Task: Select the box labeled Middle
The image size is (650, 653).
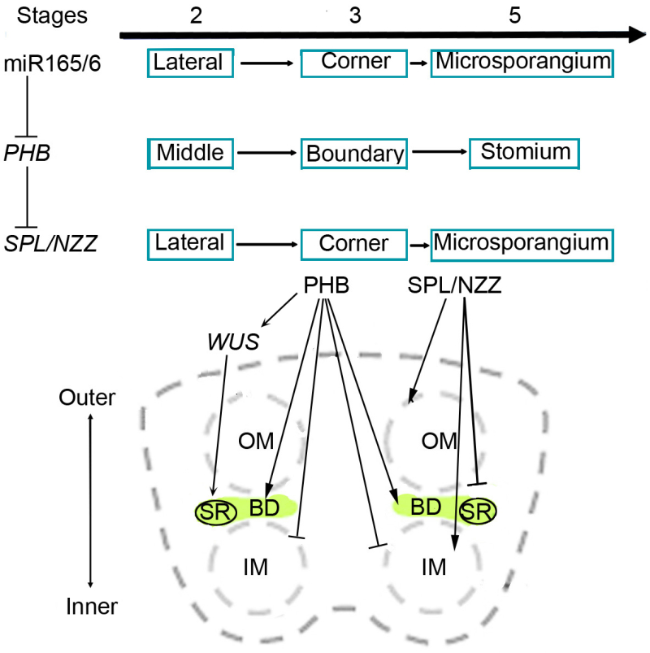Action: coord(190,153)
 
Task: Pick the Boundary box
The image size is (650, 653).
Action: coord(353,153)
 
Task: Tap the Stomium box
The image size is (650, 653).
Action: coord(525,151)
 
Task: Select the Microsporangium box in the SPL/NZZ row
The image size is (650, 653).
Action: coord(520,242)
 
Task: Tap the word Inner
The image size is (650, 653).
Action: coord(90,605)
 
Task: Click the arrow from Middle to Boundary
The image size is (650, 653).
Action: coord(267,152)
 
